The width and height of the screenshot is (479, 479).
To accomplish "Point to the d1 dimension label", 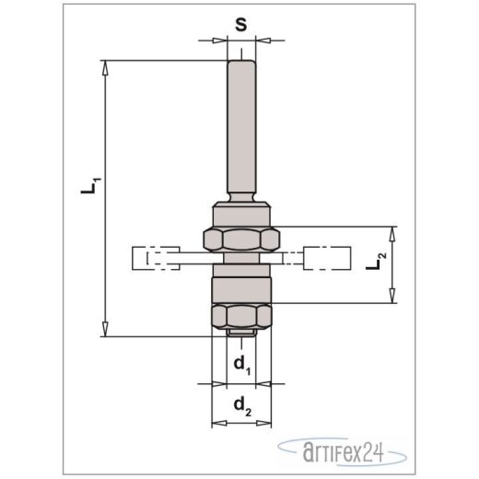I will (241, 365).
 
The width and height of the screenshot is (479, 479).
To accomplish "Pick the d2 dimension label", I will (242, 403).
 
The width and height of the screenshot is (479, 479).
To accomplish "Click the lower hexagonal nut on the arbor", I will (243, 315).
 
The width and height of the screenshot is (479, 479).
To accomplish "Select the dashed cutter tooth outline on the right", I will (327, 259).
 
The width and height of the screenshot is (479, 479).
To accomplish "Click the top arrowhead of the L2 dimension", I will (394, 231).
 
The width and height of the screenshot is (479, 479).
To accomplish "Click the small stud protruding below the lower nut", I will (243, 332).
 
